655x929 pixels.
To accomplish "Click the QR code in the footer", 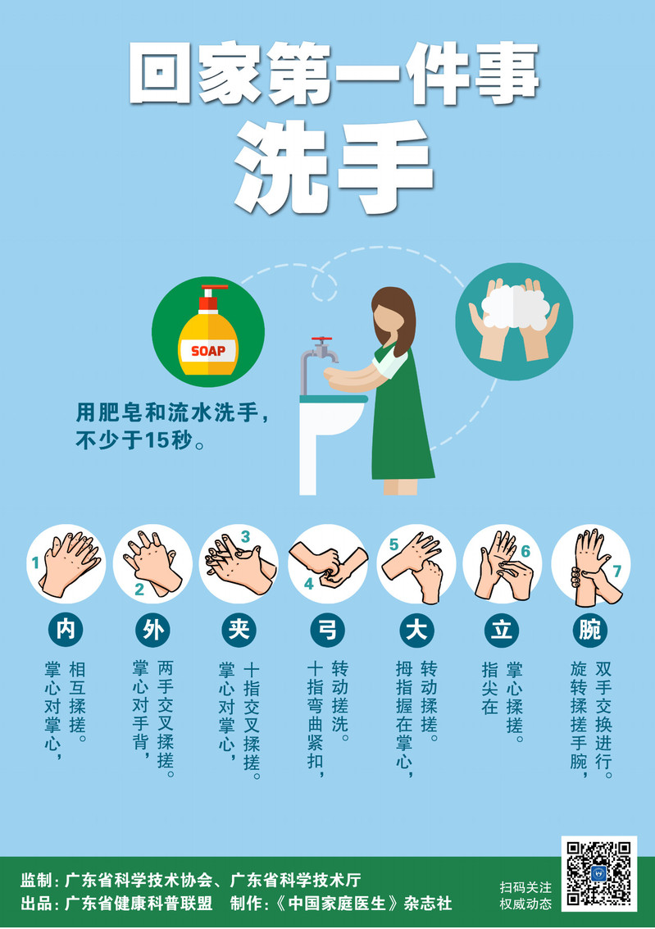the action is [x=598, y=873].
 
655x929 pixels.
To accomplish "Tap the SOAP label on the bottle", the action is [x=208, y=351].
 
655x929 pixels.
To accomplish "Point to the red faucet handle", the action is [x=321, y=342].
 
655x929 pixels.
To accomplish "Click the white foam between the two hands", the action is [x=513, y=307].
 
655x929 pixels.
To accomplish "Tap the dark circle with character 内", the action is [x=66, y=629].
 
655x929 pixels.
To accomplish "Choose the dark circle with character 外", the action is [x=152, y=629].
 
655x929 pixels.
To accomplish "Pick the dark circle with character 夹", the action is [x=239, y=629].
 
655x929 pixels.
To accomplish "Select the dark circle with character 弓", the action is [x=327, y=629].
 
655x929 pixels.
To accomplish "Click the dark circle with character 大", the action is [x=416, y=629].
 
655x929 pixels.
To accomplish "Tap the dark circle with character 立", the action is [x=503, y=629].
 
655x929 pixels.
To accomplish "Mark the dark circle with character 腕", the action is [x=590, y=629].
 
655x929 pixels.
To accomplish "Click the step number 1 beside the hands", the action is [x=35, y=562].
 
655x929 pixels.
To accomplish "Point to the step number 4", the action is [x=308, y=584].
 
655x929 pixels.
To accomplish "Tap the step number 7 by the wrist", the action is [x=617, y=571].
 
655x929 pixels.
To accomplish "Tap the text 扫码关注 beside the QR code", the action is [x=525, y=887].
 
